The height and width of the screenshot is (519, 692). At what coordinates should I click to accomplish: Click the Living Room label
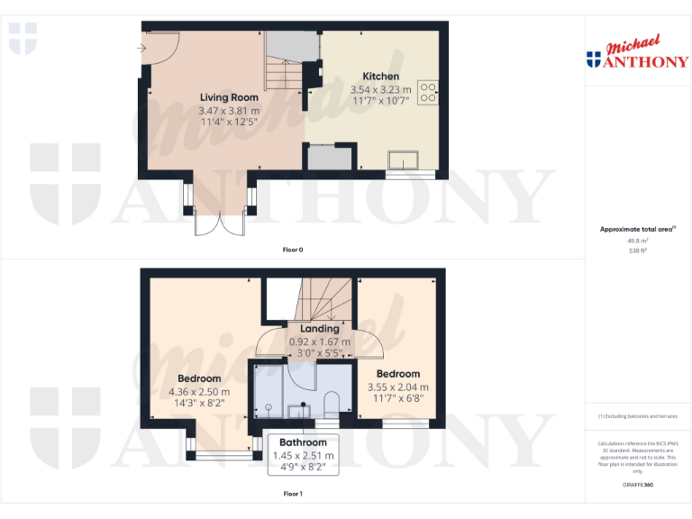[229, 97]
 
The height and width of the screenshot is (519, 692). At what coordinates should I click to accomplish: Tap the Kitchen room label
[380, 77]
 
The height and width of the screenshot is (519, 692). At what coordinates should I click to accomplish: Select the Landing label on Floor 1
[320, 329]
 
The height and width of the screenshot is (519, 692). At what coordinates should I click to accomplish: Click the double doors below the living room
[218, 223]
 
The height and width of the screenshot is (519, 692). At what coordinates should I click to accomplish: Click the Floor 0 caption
[292, 250]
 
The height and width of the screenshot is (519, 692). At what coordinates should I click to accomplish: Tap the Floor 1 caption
[293, 494]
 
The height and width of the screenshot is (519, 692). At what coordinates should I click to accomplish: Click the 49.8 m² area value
[638, 241]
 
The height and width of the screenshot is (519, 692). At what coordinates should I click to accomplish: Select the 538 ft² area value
[638, 250]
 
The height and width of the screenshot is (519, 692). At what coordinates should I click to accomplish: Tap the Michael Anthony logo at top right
[637, 54]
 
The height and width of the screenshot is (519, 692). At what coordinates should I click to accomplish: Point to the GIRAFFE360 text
[637, 485]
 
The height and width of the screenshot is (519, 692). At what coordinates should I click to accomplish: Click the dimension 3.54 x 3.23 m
[380, 89]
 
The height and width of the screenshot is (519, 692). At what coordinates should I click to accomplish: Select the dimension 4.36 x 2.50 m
[199, 392]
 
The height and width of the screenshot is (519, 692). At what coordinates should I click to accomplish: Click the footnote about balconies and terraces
[637, 416]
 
